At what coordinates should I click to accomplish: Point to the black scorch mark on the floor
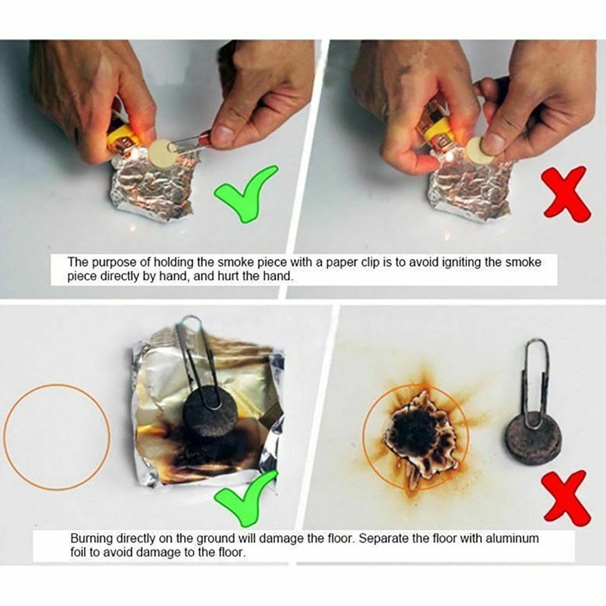click(x=415, y=429)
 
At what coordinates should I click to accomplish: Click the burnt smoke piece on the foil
click(x=210, y=414)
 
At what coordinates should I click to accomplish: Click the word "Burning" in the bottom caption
click(x=91, y=539)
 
